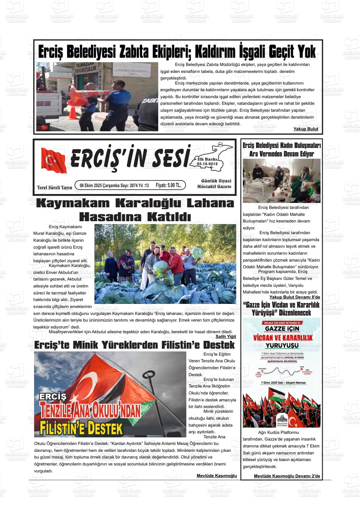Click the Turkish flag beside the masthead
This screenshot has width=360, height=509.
[54, 160]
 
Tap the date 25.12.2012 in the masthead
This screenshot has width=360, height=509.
[207, 164]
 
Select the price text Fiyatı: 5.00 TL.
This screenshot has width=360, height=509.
[168, 185]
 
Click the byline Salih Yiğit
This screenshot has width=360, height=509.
[226, 336]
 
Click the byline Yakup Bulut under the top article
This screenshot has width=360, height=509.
[306, 129]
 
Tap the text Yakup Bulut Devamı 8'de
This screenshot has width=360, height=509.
[294, 297]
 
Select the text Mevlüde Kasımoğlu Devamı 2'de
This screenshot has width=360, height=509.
[287, 476]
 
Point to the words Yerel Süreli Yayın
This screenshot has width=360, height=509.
[54, 188]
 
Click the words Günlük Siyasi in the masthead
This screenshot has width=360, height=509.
[216, 181]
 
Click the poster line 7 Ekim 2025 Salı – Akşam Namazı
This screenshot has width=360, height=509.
[281, 382]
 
